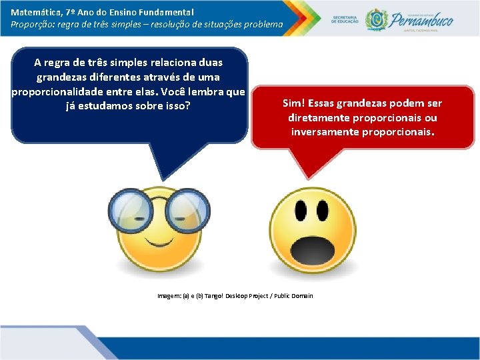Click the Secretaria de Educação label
pyautogui.click(x=345, y=19)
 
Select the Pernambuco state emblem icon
pyautogui.click(x=377, y=19)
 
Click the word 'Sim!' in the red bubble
pyautogui.click(x=294, y=103)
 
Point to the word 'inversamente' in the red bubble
pyautogui.click(x=325, y=132)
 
